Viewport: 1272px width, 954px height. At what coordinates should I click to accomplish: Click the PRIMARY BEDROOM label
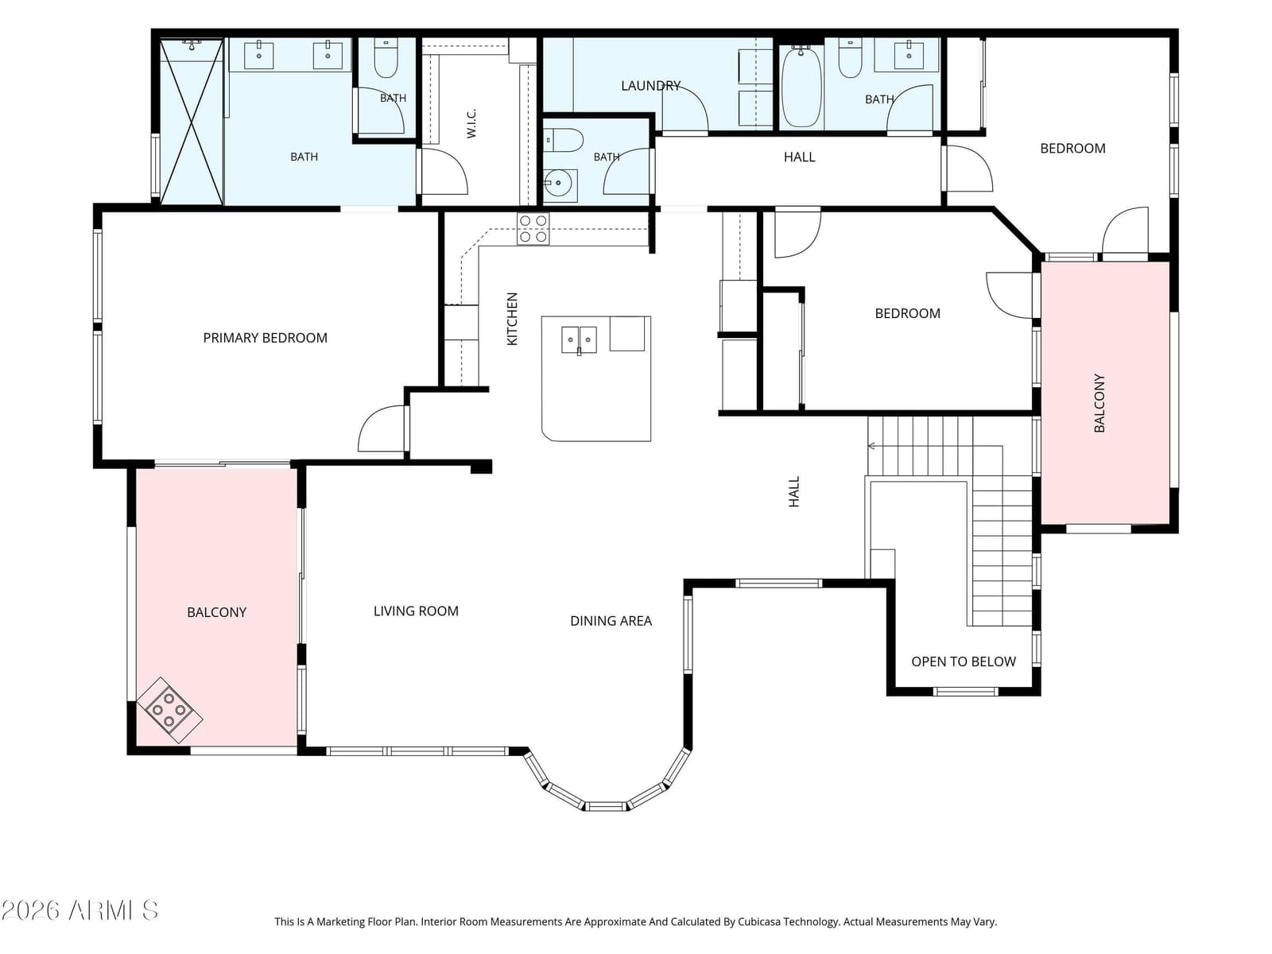[265, 338]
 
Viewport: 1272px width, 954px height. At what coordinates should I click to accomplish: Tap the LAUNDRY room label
[650, 86]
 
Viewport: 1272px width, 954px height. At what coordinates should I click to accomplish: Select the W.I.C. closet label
[471, 122]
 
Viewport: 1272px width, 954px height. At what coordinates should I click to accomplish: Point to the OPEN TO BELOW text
[963, 661]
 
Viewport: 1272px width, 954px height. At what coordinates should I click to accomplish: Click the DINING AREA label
[611, 621]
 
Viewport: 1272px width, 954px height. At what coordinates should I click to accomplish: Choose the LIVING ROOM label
[416, 611]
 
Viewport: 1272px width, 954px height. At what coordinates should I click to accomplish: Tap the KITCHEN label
[512, 319]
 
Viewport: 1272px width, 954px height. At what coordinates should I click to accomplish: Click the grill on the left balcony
[169, 710]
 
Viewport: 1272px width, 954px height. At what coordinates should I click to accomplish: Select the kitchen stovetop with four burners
[533, 228]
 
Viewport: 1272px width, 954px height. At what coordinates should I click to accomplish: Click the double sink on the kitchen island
[579, 339]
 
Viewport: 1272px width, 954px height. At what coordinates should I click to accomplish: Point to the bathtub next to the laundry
[801, 87]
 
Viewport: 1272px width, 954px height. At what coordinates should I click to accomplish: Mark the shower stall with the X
[192, 122]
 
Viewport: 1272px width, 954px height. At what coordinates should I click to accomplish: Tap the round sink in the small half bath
[559, 183]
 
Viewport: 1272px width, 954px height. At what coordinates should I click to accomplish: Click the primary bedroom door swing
[382, 429]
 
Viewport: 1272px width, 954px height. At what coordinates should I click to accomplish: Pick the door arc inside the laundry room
[685, 107]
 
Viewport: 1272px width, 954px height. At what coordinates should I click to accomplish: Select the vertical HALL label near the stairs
[794, 492]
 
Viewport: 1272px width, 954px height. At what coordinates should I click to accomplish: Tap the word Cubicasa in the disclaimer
[762, 921]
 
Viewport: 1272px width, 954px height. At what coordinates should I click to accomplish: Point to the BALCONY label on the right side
[1099, 403]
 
